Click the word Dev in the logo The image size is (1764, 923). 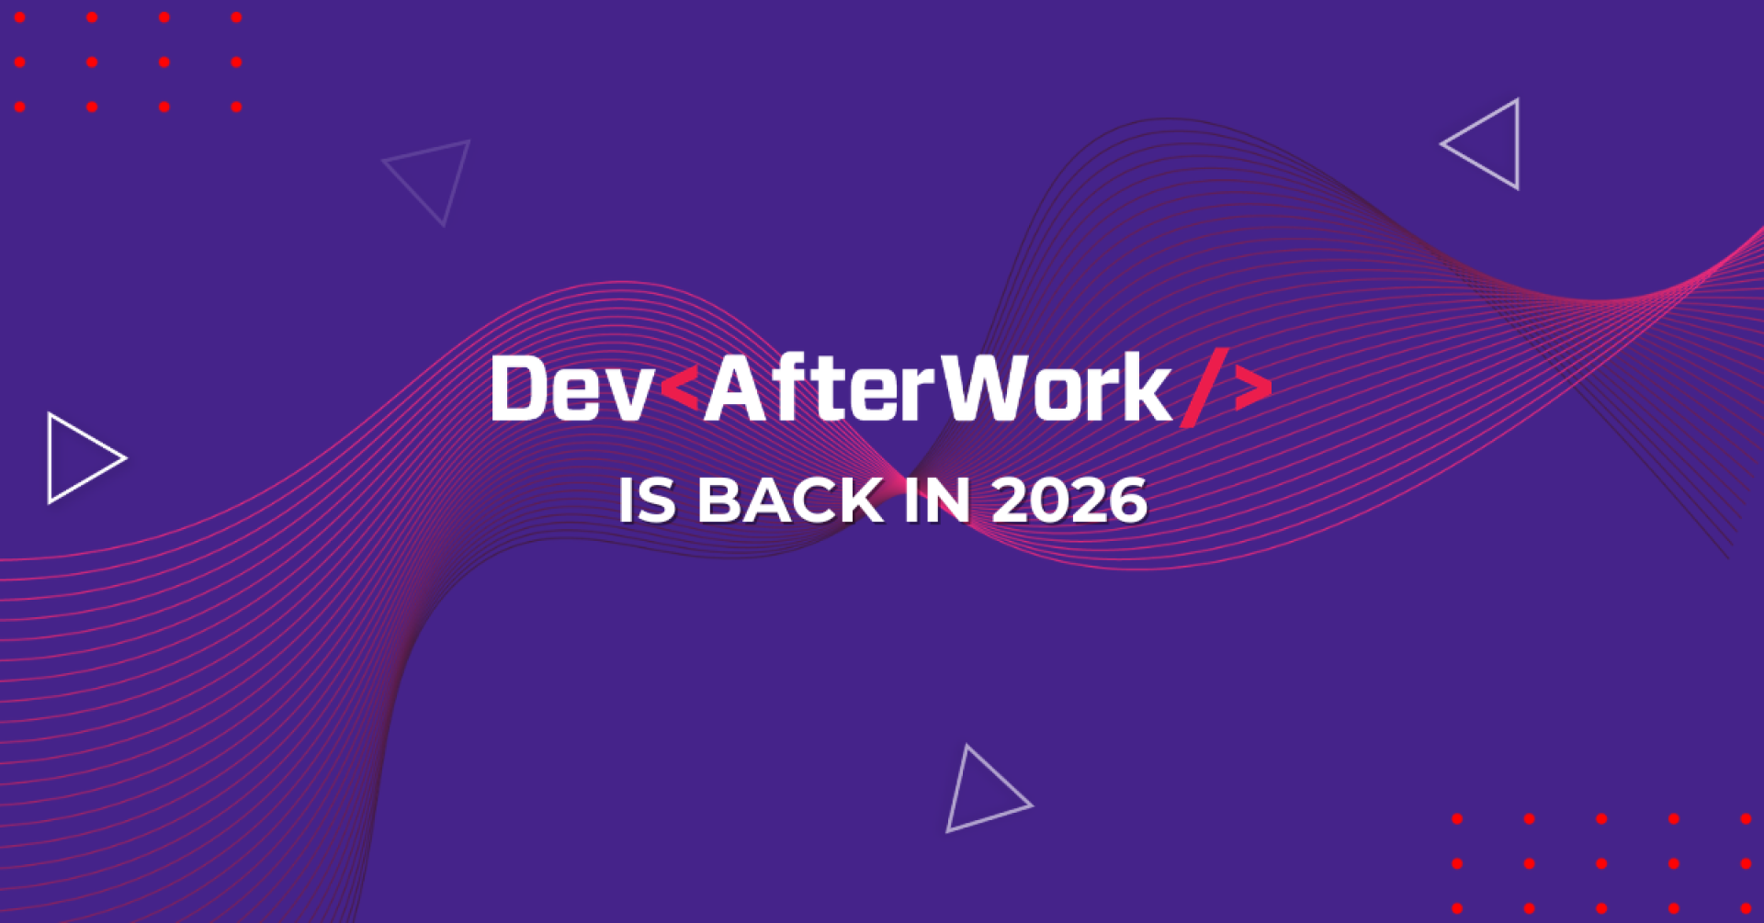coord(571,389)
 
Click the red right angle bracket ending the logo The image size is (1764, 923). coord(1253,388)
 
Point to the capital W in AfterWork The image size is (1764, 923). coord(985,389)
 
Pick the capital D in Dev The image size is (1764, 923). coord(520,389)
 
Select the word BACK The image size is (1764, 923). coord(790,501)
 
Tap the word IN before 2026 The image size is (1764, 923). coord(936,501)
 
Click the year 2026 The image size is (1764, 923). coord(1069,501)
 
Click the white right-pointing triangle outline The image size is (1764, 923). coord(81,457)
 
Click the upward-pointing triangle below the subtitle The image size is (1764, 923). coord(981,795)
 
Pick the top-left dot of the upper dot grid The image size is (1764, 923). coord(20,17)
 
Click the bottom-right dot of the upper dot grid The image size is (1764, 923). coord(236,107)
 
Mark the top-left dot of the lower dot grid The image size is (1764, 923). coord(1457,818)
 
